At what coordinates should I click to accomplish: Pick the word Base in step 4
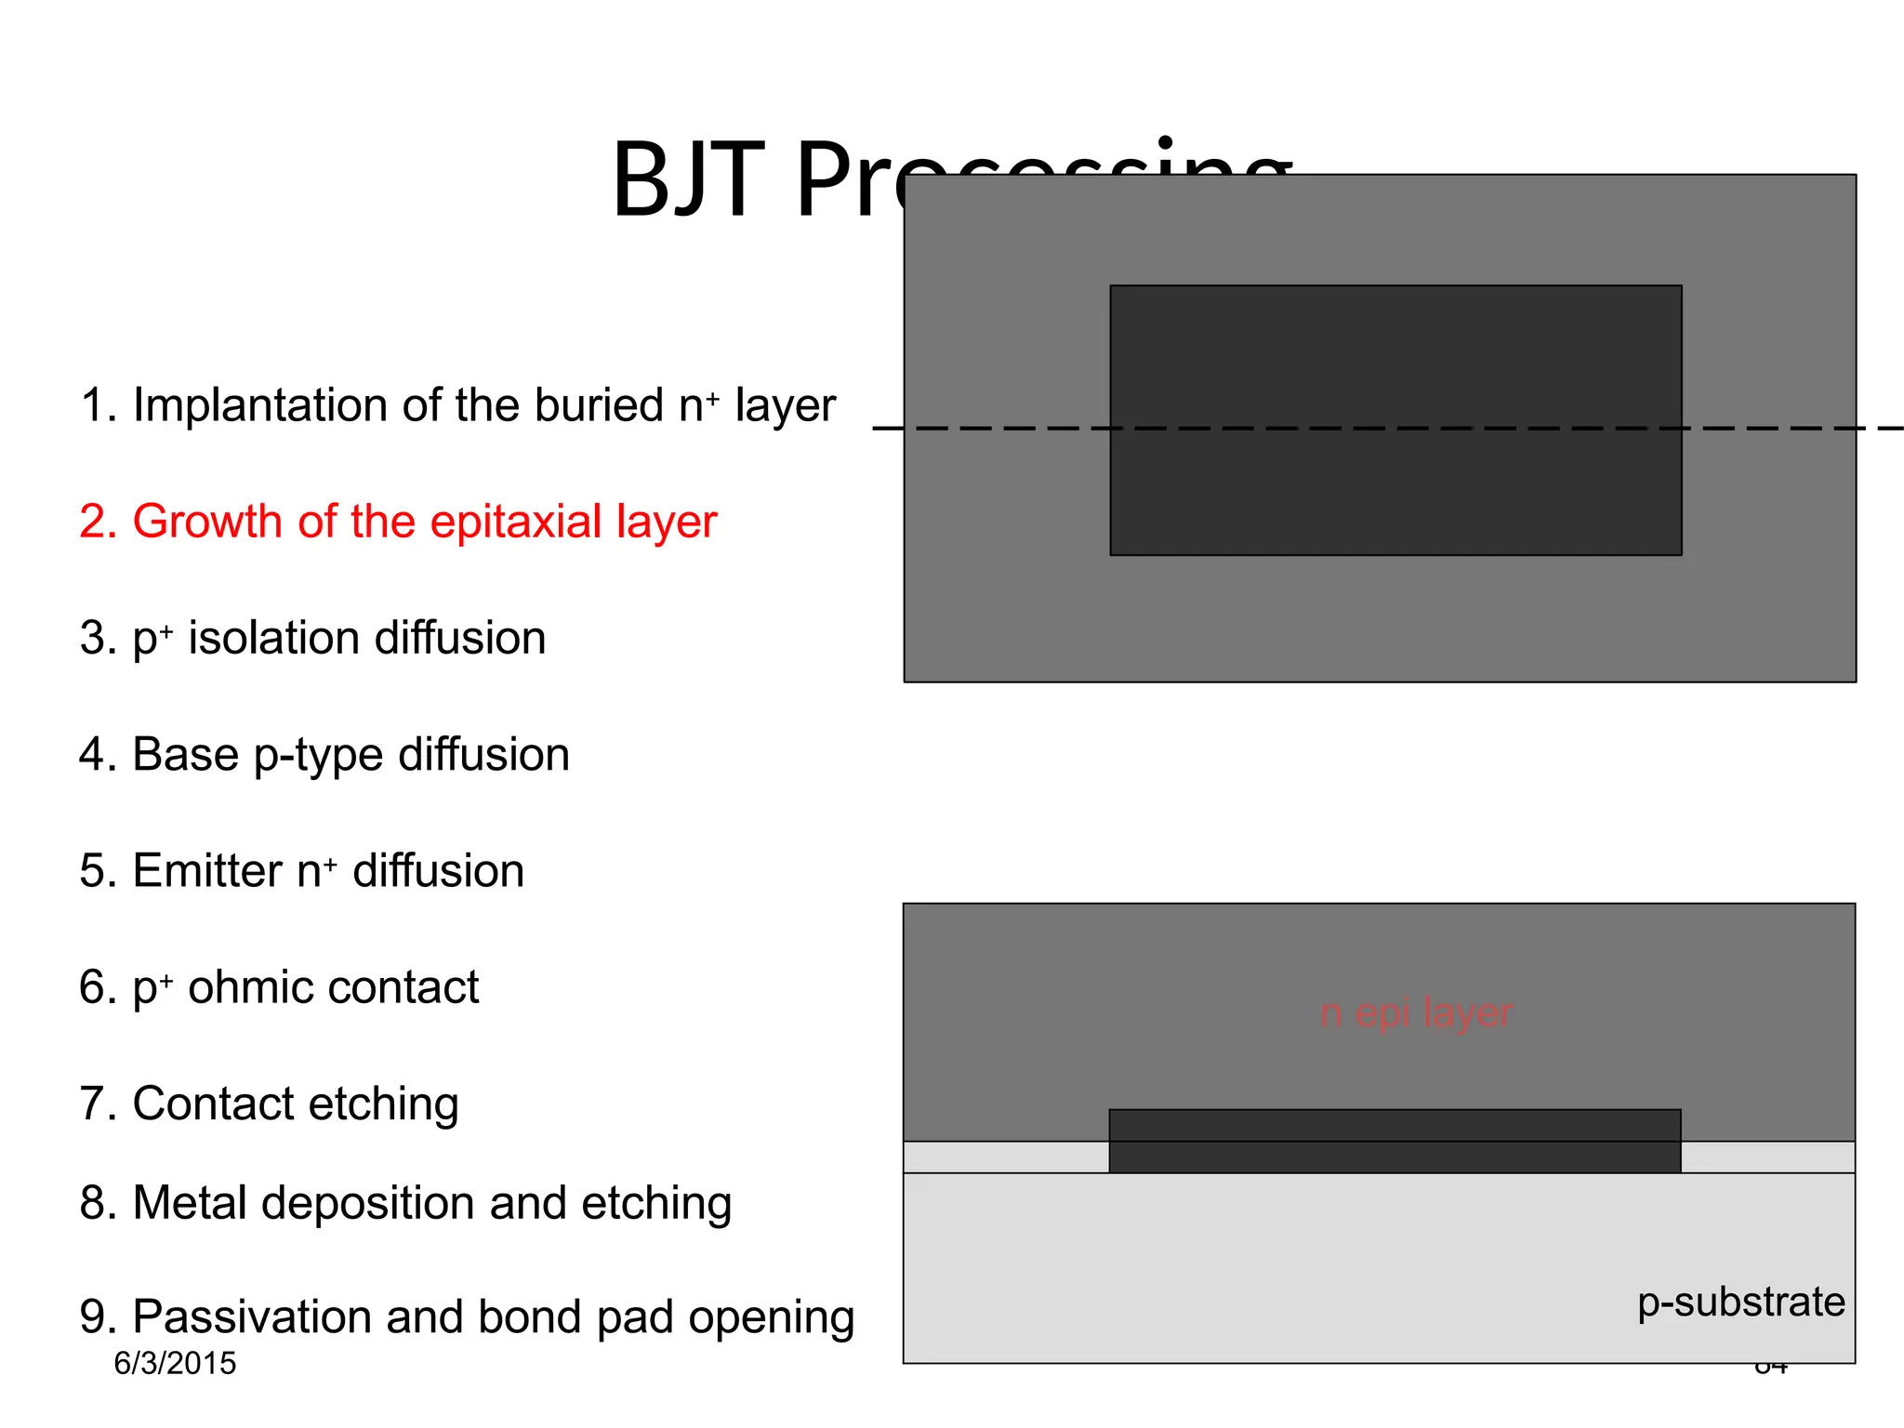[x=185, y=754]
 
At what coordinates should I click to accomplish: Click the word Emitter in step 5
[x=206, y=871]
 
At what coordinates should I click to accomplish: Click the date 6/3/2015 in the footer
[x=175, y=1364]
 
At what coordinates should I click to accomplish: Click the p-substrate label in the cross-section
[x=1740, y=1302]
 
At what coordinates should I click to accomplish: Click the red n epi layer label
[x=1416, y=1012]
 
